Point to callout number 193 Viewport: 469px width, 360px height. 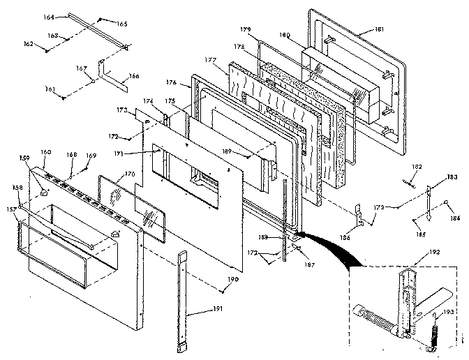tap(449, 312)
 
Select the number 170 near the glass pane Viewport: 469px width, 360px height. tap(130, 174)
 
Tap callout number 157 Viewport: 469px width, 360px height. tap(12, 209)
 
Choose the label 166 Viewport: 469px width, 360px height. tap(134, 76)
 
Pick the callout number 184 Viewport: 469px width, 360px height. tap(455, 218)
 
